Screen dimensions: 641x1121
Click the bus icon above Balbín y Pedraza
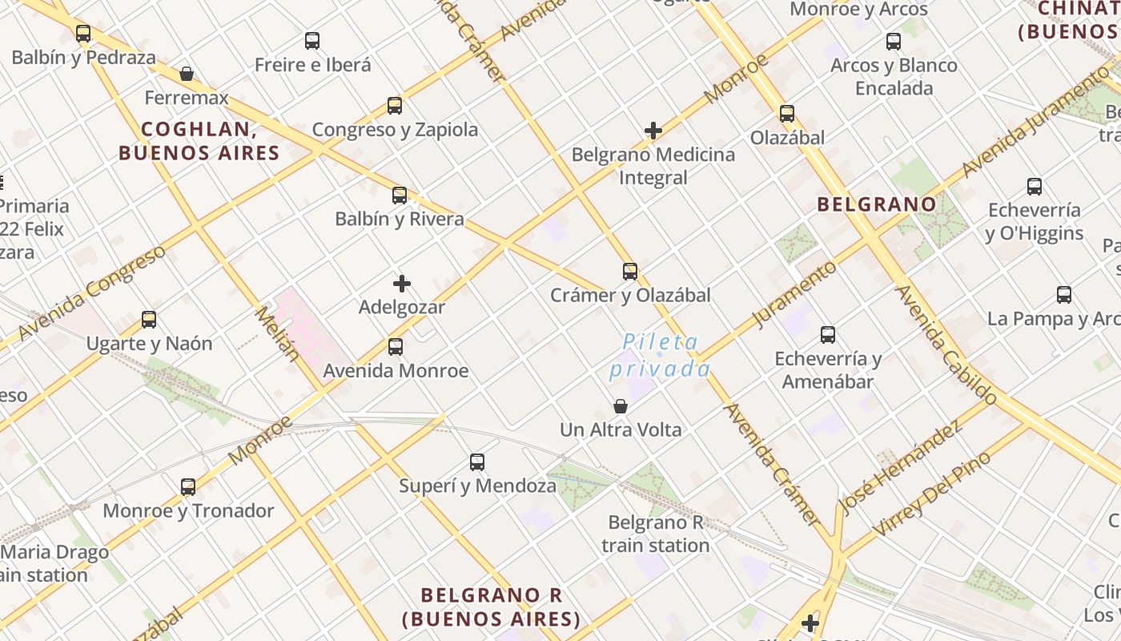(83, 34)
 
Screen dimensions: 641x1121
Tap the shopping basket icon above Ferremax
(187, 75)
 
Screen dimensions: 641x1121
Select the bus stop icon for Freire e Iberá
(312, 41)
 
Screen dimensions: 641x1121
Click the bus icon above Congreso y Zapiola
(395, 106)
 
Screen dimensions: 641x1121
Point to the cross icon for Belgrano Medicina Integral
(653, 131)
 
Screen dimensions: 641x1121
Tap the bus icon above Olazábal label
(787, 114)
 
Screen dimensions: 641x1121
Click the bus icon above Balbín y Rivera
(400, 195)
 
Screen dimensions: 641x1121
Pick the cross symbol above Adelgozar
(402, 284)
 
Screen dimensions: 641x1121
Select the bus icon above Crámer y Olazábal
(630, 272)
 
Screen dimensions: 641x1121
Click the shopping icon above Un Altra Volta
(621, 406)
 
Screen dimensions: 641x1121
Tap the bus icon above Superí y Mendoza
(477, 462)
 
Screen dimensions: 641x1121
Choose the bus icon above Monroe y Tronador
(188, 487)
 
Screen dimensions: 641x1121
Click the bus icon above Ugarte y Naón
(149, 320)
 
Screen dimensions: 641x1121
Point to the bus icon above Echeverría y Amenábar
(828, 335)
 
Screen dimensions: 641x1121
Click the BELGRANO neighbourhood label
(877, 204)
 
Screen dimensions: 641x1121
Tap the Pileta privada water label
(661, 356)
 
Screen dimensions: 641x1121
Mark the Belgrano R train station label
(656, 534)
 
